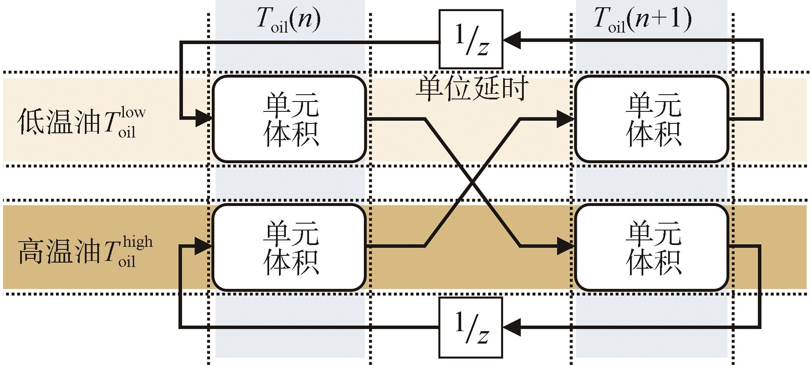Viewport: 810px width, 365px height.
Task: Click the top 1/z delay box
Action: [x=470, y=39]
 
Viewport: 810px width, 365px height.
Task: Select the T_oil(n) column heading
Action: [x=288, y=21]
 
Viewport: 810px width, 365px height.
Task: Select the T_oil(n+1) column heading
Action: [x=642, y=21]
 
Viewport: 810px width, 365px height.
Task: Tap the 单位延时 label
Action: [x=472, y=89]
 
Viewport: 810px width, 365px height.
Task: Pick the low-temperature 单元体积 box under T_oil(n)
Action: [x=289, y=119]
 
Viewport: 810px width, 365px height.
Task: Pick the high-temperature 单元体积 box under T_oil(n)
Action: [x=289, y=247]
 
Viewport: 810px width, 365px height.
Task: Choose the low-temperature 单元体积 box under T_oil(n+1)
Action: [x=651, y=119]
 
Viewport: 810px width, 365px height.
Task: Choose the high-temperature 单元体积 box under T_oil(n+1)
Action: [x=651, y=247]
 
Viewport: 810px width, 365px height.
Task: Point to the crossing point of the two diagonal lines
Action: [x=472, y=182]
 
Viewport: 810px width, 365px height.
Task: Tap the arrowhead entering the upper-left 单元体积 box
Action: [x=203, y=117]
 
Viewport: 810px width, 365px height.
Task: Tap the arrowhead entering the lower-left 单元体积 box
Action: [x=203, y=246]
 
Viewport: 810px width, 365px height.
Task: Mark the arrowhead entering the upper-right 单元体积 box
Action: [x=565, y=118]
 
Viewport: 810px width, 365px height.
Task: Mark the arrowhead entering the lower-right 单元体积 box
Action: [x=565, y=246]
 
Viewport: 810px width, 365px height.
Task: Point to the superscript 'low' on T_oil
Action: [x=133, y=113]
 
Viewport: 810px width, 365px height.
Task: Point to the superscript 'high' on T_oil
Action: [x=137, y=242]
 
